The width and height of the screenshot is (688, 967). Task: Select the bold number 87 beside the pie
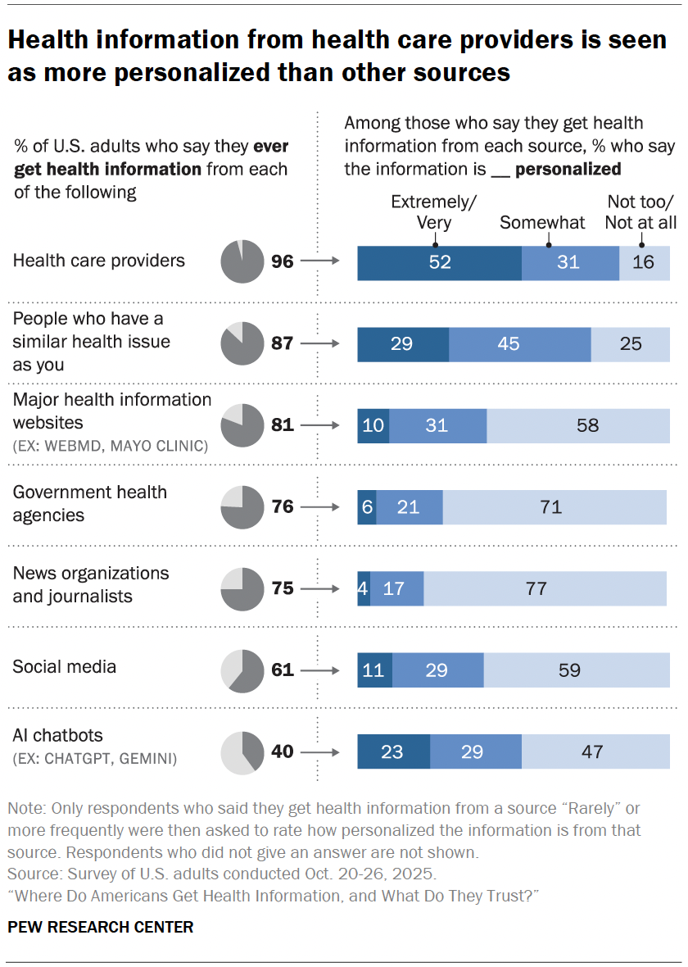(x=283, y=344)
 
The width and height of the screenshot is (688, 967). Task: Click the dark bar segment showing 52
(x=439, y=262)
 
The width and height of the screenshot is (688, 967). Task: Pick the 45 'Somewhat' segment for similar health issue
(x=519, y=344)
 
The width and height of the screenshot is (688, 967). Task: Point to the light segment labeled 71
(x=554, y=507)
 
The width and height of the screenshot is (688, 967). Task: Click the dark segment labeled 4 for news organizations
(x=364, y=588)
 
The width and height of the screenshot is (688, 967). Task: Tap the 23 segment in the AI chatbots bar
(x=393, y=751)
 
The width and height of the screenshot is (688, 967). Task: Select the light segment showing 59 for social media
(x=575, y=670)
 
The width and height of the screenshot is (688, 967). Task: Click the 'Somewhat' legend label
(x=542, y=222)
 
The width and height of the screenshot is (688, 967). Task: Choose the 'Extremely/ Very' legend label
(x=434, y=211)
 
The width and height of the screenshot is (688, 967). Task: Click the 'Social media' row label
(x=65, y=667)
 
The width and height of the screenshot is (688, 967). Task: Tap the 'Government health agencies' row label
(x=89, y=504)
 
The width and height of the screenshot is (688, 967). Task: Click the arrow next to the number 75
(x=319, y=589)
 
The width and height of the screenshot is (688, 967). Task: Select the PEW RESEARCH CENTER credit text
(x=101, y=928)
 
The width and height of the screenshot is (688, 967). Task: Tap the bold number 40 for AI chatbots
(x=283, y=752)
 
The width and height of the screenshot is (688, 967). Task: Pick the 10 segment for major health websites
(x=373, y=425)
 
